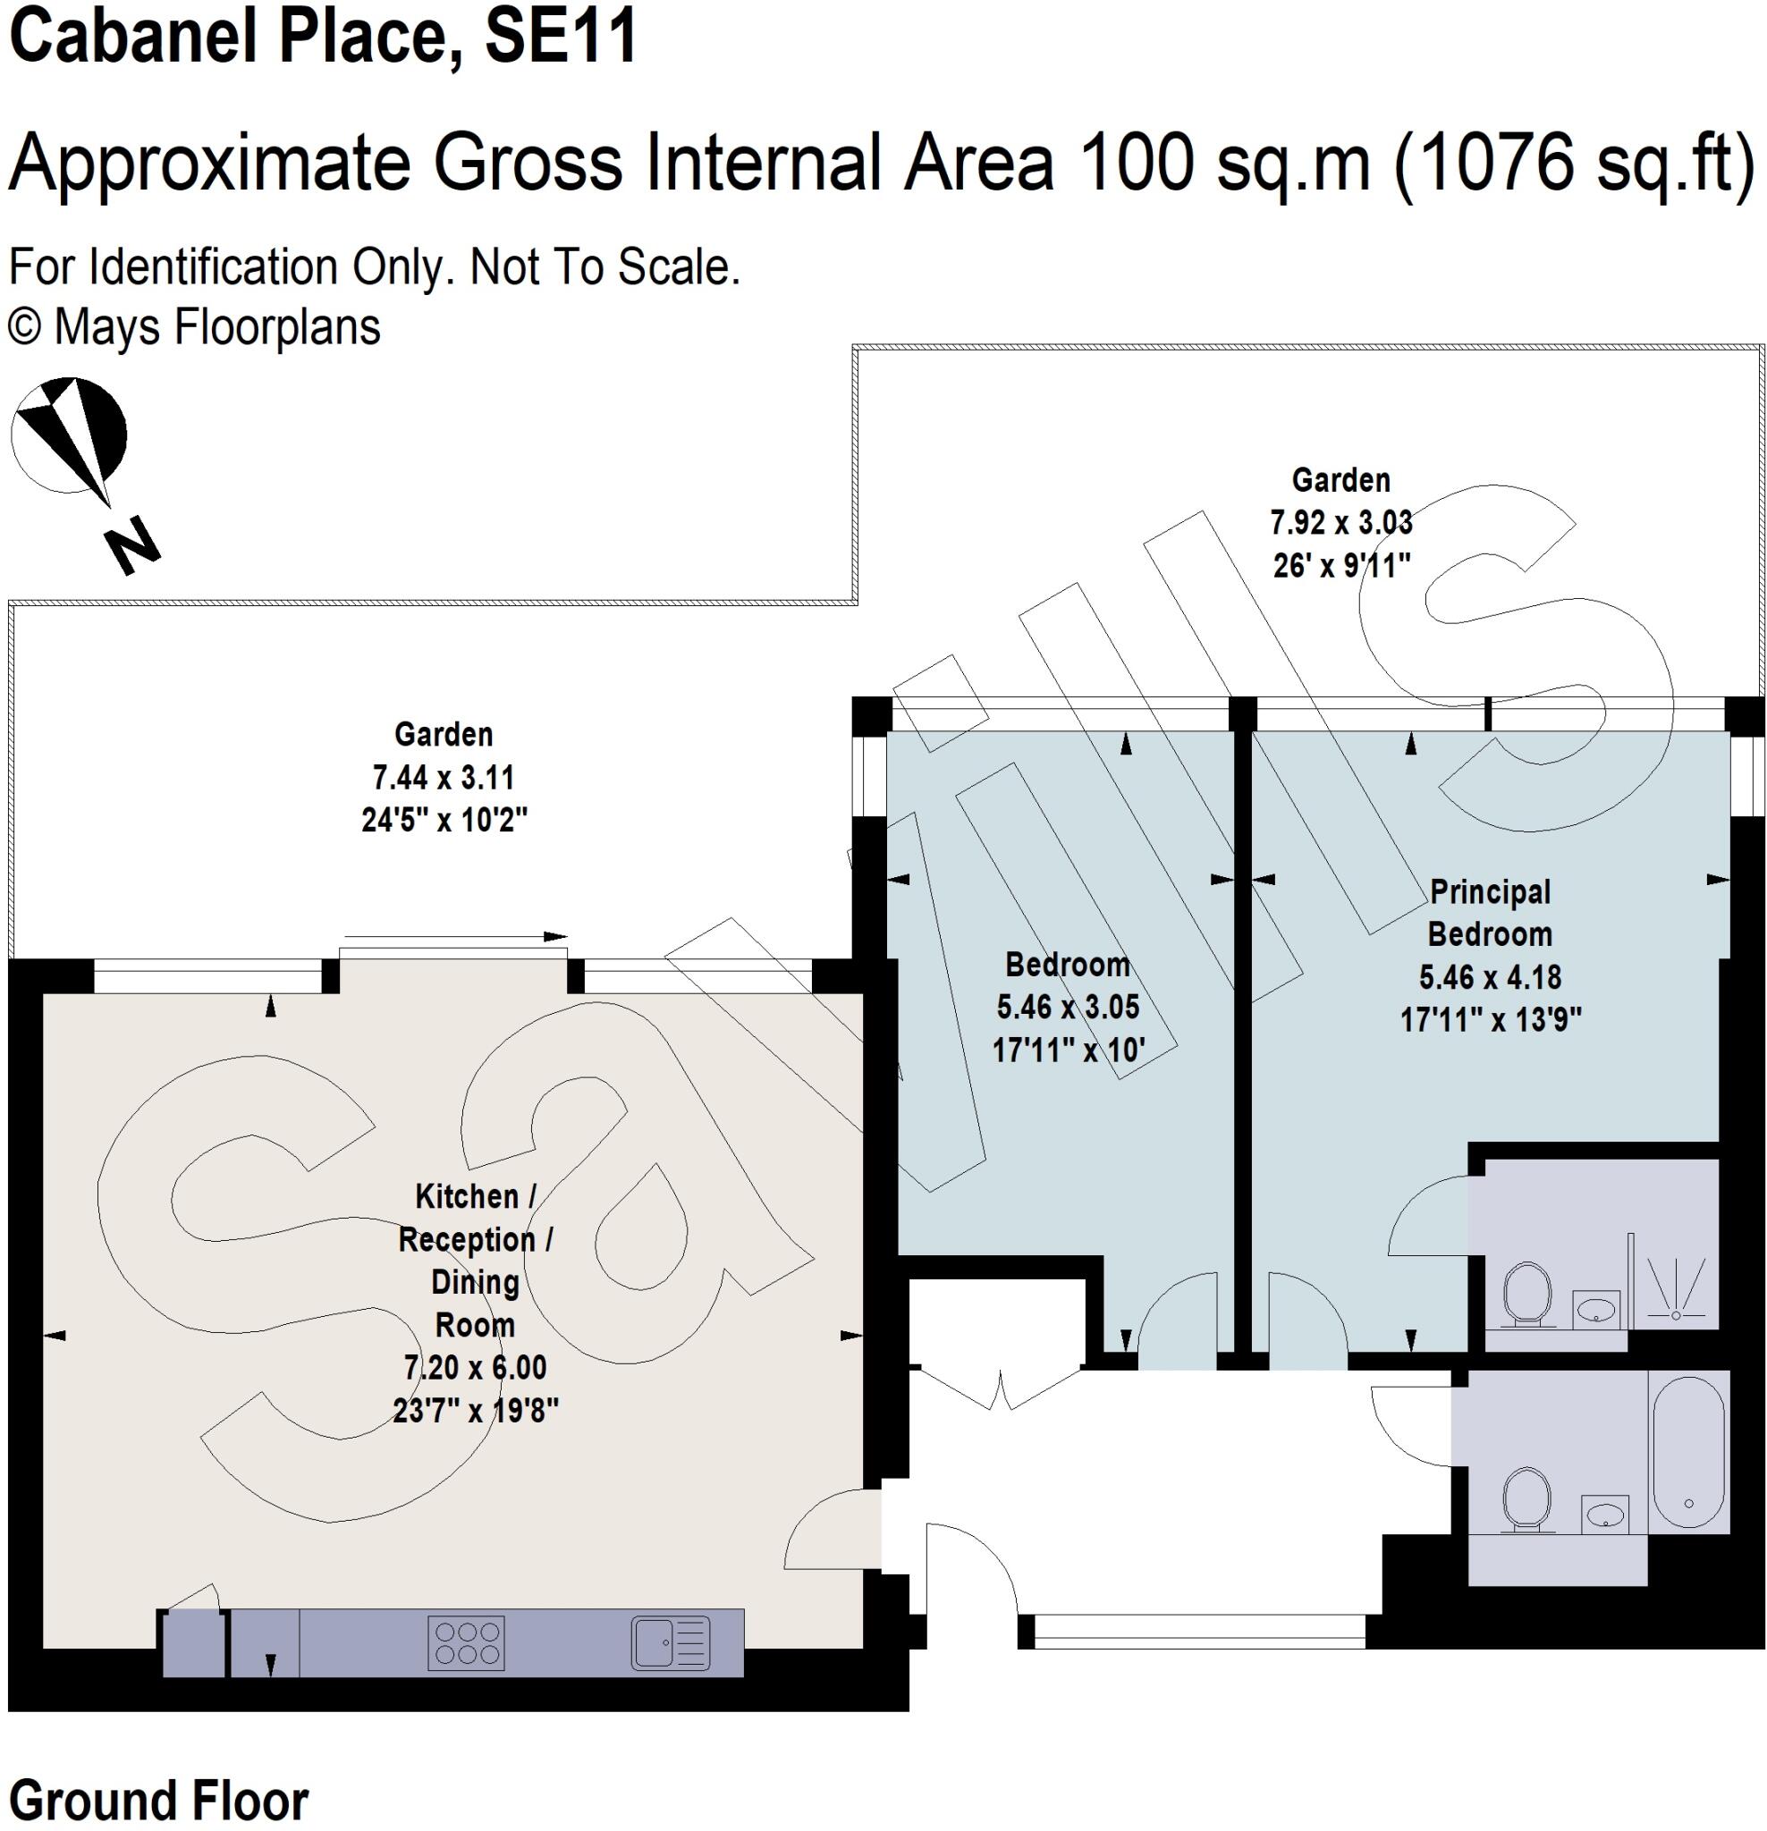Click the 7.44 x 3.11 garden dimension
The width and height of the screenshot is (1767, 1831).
pos(443,777)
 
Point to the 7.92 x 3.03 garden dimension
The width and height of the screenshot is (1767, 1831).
pos(1340,522)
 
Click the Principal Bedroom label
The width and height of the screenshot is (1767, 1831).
pos(1490,913)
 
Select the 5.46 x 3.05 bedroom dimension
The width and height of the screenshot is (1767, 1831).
pos(1067,1007)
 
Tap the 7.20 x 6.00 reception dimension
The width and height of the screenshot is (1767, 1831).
pos(475,1368)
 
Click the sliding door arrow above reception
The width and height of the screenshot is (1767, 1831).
pos(456,935)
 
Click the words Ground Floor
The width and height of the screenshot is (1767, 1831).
pos(159,1799)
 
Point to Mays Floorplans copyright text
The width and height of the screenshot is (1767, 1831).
pos(194,327)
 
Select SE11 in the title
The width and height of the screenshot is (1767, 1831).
pos(561,38)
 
